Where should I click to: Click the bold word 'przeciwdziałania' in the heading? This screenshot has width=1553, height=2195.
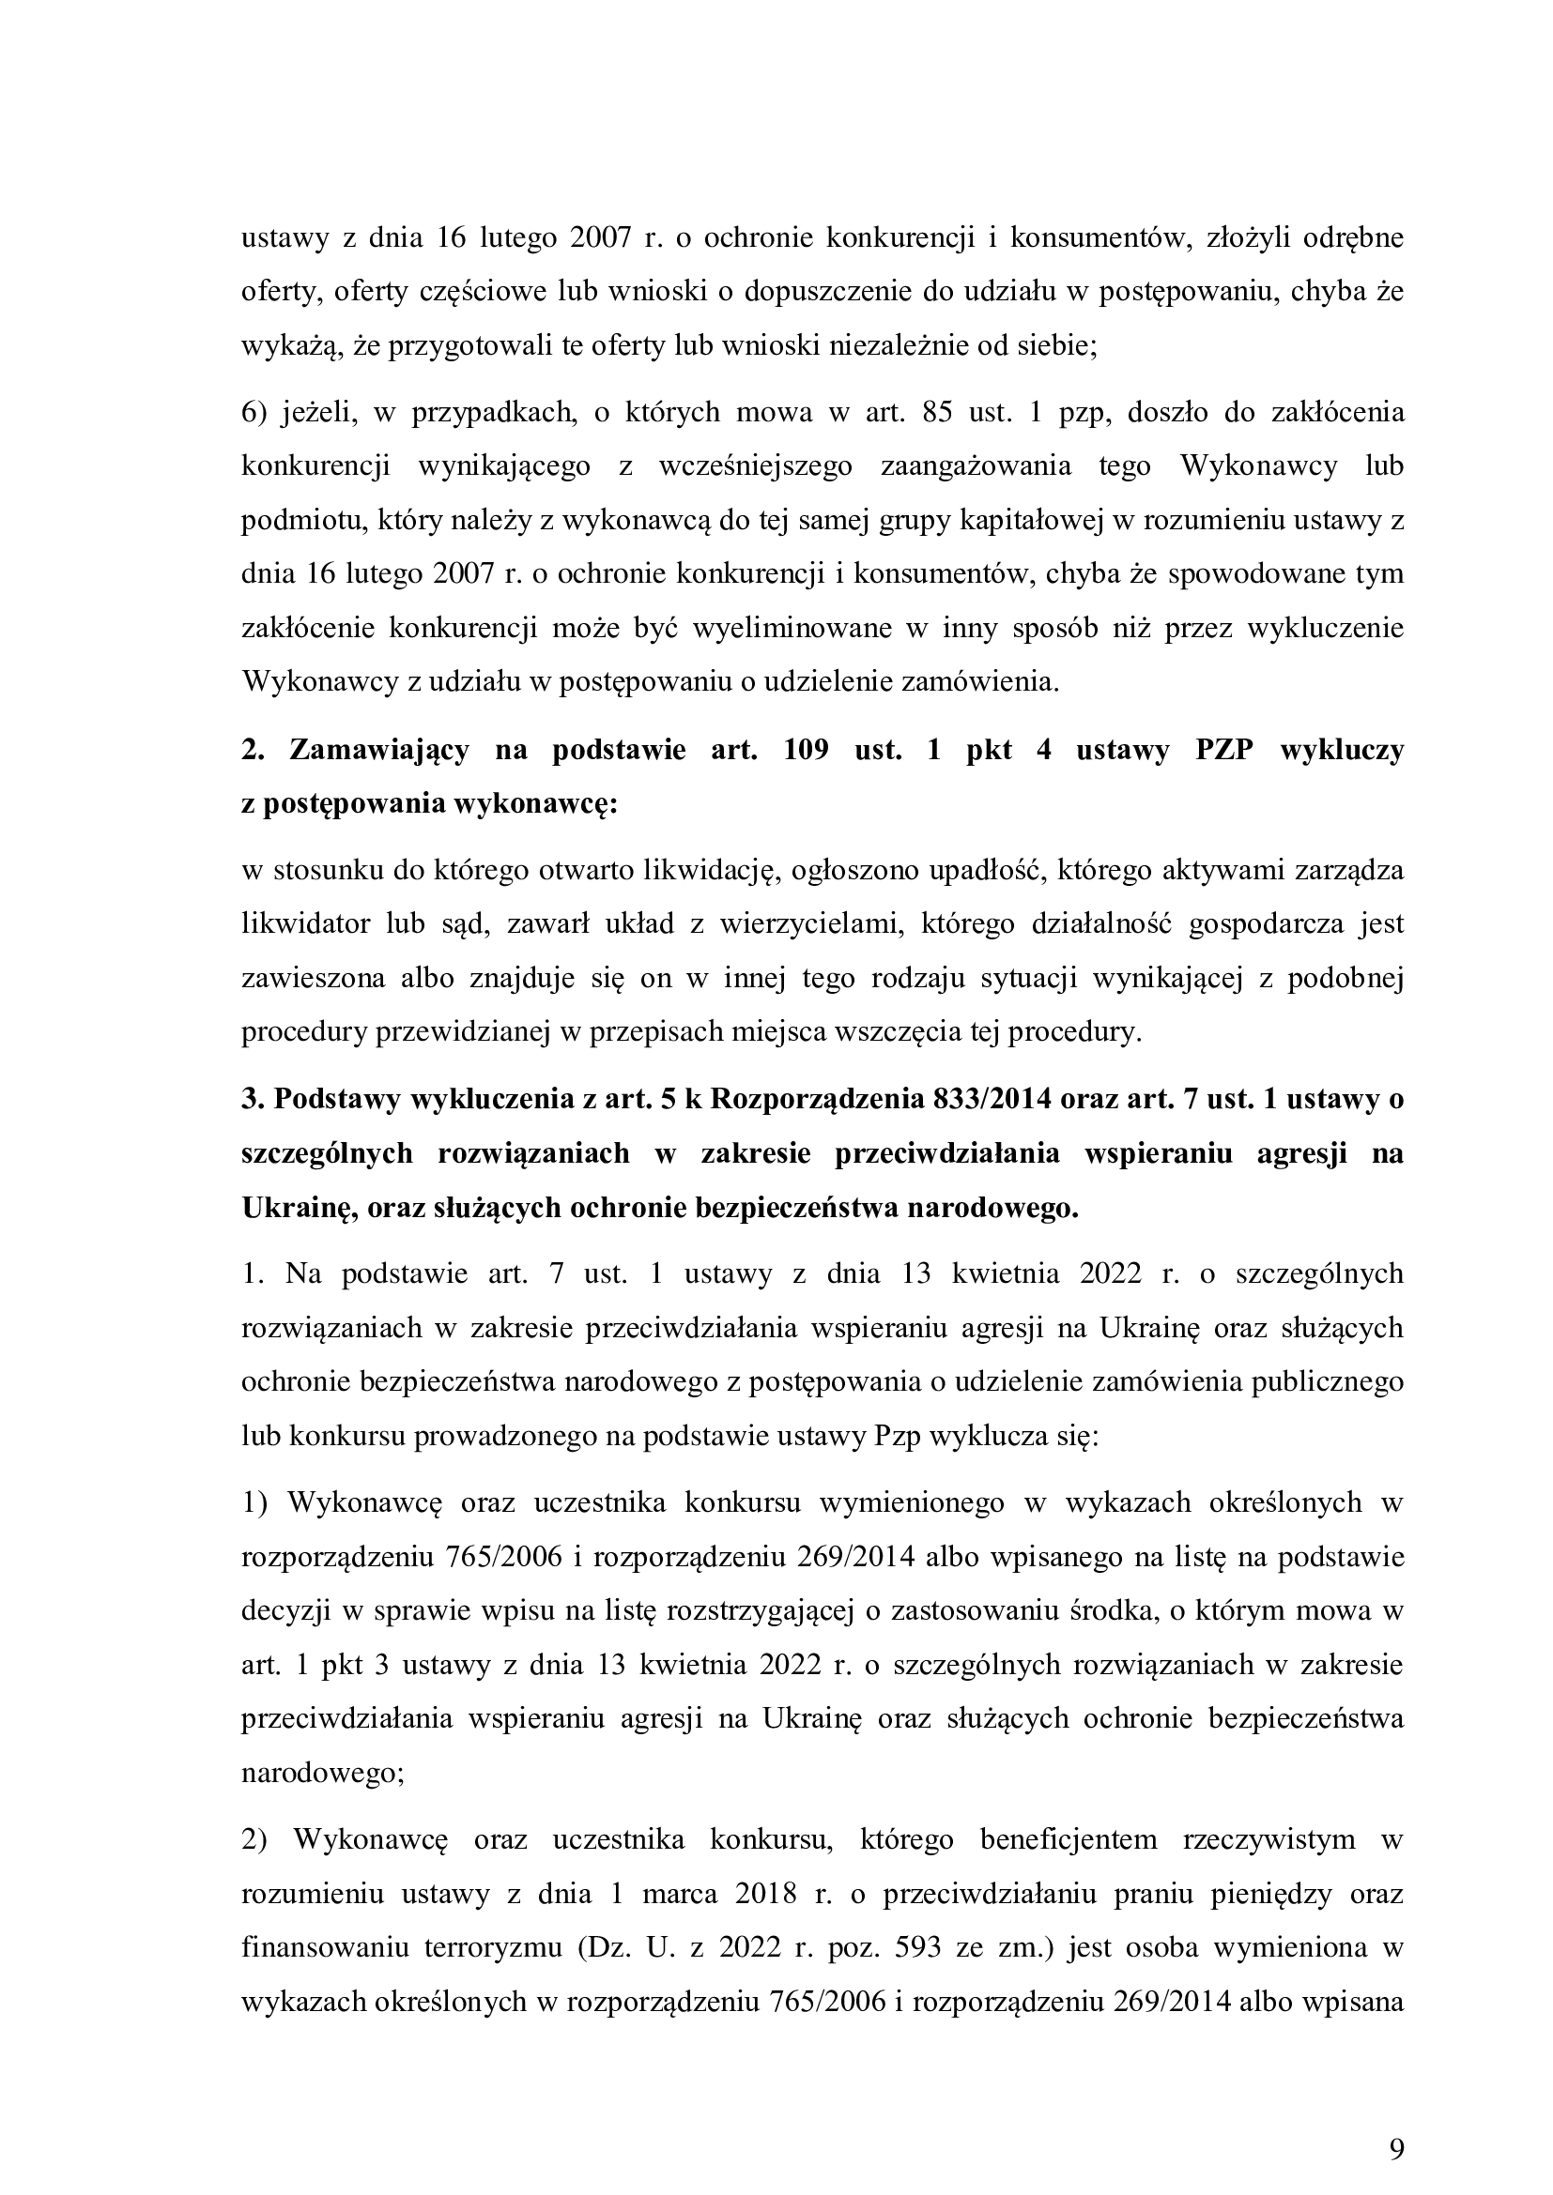pos(947,1154)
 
